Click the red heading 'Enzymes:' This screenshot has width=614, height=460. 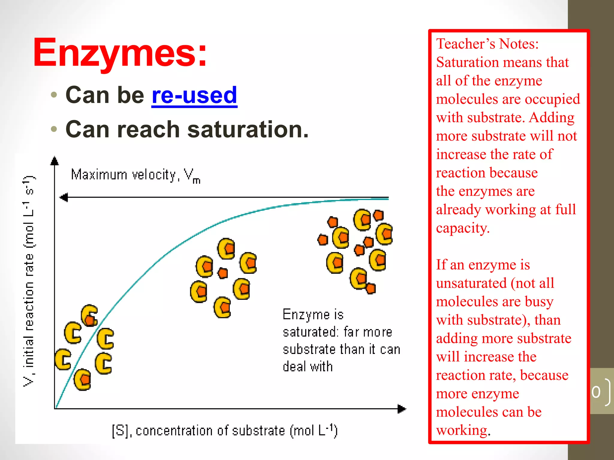[120, 53]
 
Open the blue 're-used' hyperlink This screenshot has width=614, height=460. [194, 95]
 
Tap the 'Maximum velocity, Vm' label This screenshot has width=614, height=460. [136, 175]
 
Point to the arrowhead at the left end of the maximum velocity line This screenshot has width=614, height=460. [64, 197]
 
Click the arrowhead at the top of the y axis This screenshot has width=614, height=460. [54, 161]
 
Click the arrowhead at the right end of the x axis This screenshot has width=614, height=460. [402, 408]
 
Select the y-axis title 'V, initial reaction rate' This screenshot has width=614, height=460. [29, 282]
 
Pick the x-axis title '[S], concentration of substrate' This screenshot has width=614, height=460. [225, 431]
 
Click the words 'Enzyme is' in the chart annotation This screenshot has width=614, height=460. [313, 315]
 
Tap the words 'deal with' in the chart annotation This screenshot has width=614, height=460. [308, 367]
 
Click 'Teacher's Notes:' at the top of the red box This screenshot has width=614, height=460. [487, 44]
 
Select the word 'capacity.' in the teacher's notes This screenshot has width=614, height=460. [463, 228]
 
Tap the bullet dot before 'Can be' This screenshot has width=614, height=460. [54, 95]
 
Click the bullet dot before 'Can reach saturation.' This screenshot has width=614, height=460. [54, 129]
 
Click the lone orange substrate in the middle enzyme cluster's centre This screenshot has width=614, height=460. [222, 273]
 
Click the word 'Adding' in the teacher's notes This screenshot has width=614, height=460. [552, 118]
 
